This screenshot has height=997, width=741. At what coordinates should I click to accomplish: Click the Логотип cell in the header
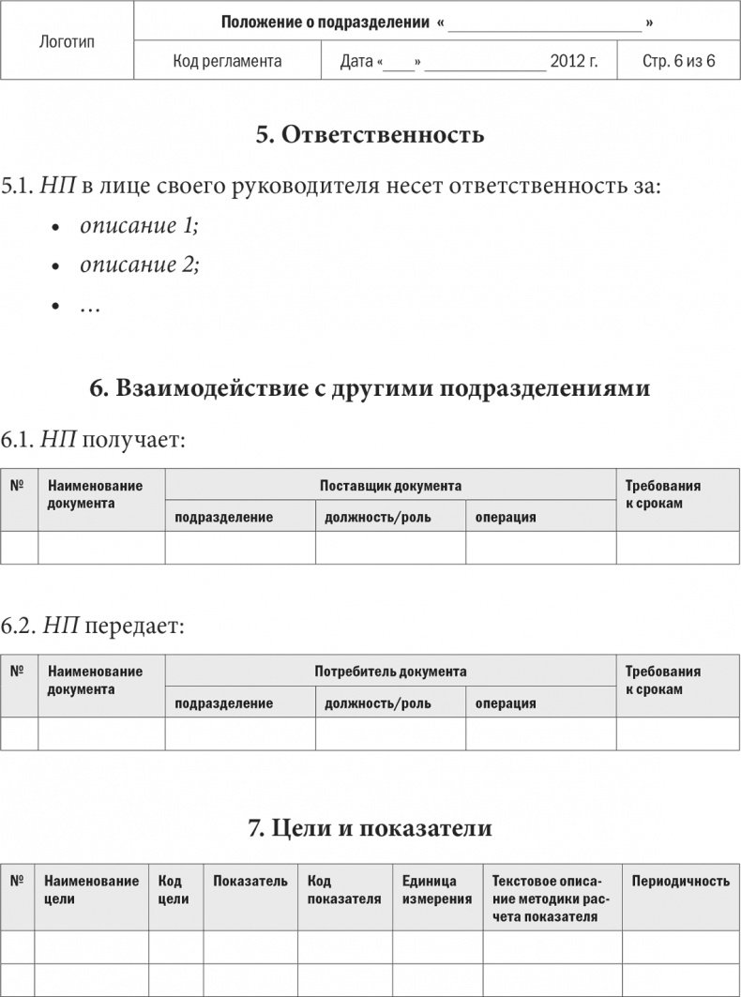coord(68,41)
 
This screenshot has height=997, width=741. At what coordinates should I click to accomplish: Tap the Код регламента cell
coord(228,62)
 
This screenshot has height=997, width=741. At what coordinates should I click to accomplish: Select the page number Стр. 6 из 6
coord(679,62)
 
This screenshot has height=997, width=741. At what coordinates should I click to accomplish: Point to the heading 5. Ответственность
coord(370,134)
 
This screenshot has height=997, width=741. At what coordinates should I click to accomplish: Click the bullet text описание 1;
coord(140,225)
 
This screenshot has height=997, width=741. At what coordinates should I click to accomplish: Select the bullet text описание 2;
coord(140,264)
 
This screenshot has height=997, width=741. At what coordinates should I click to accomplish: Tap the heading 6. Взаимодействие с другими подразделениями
coord(370,388)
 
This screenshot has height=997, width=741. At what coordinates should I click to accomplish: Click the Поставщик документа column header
coord(390,486)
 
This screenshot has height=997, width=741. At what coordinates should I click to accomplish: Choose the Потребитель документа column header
coord(390,672)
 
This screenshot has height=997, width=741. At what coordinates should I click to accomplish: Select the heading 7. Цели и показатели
coord(370,828)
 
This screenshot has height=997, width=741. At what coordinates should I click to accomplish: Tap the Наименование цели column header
coord(91,889)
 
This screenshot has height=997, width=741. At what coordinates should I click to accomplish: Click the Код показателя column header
coord(344,889)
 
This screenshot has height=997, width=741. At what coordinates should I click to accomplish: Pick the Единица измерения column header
coord(436,889)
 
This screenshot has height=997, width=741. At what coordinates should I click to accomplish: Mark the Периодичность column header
coord(681,881)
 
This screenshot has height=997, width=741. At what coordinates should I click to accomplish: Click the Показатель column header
coord(250,881)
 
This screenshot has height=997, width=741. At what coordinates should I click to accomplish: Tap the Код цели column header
coord(174,889)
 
